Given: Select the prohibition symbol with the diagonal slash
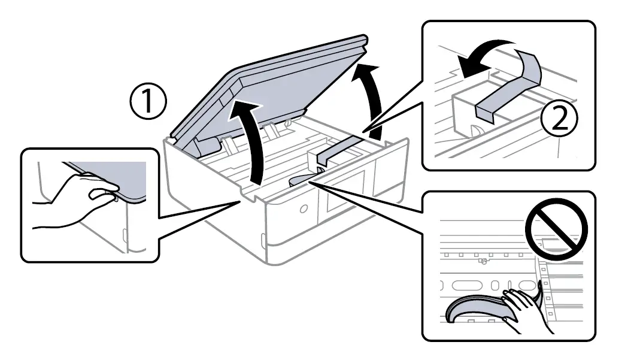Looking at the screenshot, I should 556,227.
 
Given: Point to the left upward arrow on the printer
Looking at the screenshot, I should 254,141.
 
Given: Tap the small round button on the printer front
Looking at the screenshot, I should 302,208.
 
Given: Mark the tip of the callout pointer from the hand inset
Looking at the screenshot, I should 242,201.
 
